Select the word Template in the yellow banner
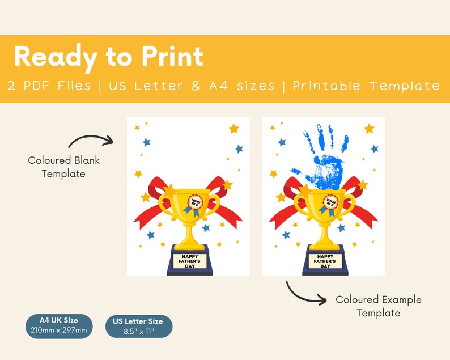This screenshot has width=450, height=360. coord(405,86)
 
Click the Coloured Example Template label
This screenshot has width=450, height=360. coord(378,306)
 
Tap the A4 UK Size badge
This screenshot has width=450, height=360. coord(59,325)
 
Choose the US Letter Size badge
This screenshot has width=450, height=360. coord(138,327)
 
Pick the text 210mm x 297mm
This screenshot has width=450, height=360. coord(59,331)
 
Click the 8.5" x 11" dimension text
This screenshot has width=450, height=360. coord(138,332)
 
